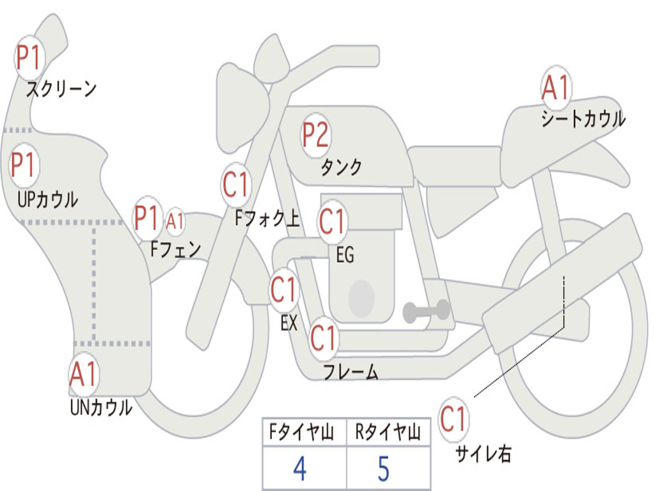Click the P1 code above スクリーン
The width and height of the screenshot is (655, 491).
pyautogui.click(x=28, y=58)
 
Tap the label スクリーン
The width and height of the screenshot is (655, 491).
pyautogui.click(x=61, y=89)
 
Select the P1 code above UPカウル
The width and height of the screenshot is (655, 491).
pyautogui.click(x=24, y=166)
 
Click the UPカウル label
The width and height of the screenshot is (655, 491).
pyautogui.click(x=47, y=199)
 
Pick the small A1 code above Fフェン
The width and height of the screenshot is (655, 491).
pyautogui.click(x=175, y=221)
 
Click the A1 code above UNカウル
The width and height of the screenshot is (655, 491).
pyautogui.click(x=83, y=375)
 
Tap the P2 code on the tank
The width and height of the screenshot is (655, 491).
pyautogui.click(x=315, y=135)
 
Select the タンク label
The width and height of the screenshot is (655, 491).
pyautogui.click(x=341, y=168)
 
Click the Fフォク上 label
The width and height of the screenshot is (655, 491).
pyautogui.click(x=267, y=219)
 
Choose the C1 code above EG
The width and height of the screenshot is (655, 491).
pyautogui.click(x=332, y=221)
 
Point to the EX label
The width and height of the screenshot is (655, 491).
pyautogui.click(x=289, y=323)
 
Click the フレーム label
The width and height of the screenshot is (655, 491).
pyautogui.click(x=350, y=371)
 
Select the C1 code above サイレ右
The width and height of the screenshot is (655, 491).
pyautogui.click(x=454, y=419)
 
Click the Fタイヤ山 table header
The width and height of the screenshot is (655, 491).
pyautogui.click(x=304, y=434)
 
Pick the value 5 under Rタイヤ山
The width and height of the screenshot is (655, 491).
pyautogui.click(x=384, y=469)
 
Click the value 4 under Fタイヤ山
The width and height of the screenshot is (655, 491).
pyautogui.click(x=299, y=469)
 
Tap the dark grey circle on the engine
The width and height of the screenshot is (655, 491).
pyautogui.click(x=361, y=298)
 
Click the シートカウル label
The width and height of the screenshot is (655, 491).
pyautogui.click(x=583, y=120)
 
